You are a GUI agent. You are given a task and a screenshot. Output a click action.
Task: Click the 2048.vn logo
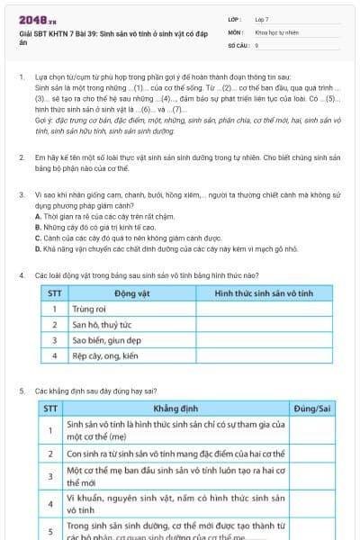[37, 19]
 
